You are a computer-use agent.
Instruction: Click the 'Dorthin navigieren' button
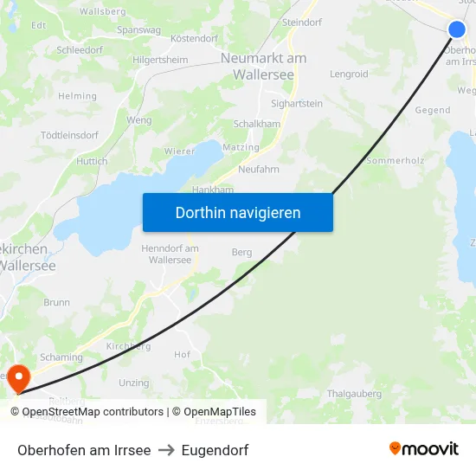coord(237,212)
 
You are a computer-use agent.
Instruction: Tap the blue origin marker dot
coord(457,29)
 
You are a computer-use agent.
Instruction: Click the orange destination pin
coord(17,378)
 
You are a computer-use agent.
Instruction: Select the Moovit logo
coord(424,449)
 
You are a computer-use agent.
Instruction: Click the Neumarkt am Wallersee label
coord(263,67)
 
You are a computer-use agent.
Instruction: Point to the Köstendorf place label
coord(194,39)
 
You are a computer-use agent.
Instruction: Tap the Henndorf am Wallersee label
coord(170,254)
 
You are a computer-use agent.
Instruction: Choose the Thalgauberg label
coord(355,394)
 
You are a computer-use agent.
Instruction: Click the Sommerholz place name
coord(396,161)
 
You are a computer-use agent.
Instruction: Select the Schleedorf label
coord(80,51)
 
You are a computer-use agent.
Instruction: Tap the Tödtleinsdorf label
coord(69,136)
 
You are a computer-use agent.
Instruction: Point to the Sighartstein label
coord(297,104)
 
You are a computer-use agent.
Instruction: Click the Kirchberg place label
coord(128,346)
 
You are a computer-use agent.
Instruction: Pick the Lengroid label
coord(349,74)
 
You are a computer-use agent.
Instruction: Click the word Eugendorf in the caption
coord(215,450)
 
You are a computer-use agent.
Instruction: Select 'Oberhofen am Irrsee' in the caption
coord(84,450)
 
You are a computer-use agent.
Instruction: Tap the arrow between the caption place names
coord(166,450)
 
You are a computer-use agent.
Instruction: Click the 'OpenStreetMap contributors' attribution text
coord(93,412)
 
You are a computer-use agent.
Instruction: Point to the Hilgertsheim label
coord(160,60)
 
